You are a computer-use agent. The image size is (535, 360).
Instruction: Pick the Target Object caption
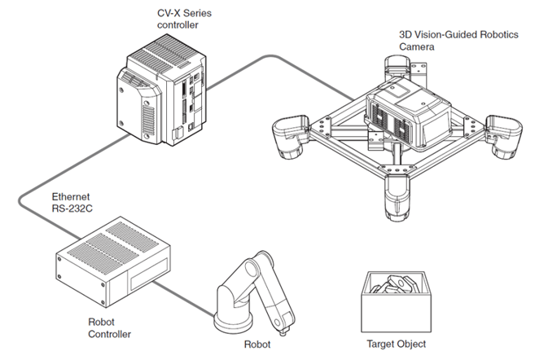[397, 343]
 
